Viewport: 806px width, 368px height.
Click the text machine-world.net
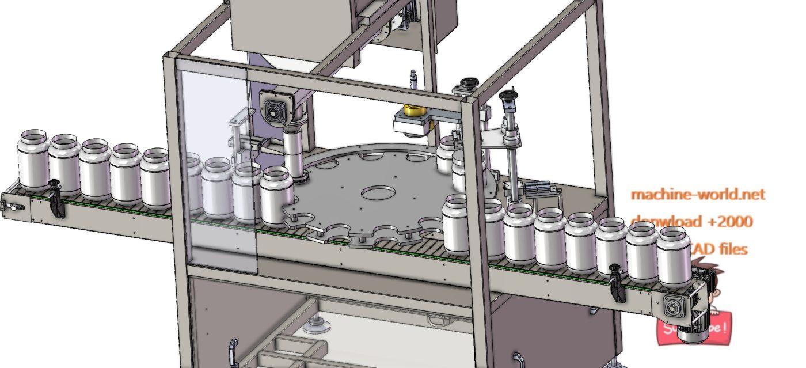[x=698, y=195]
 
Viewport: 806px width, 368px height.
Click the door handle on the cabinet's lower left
[x=233, y=351]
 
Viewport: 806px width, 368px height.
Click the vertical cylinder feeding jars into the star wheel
[x=295, y=153]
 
